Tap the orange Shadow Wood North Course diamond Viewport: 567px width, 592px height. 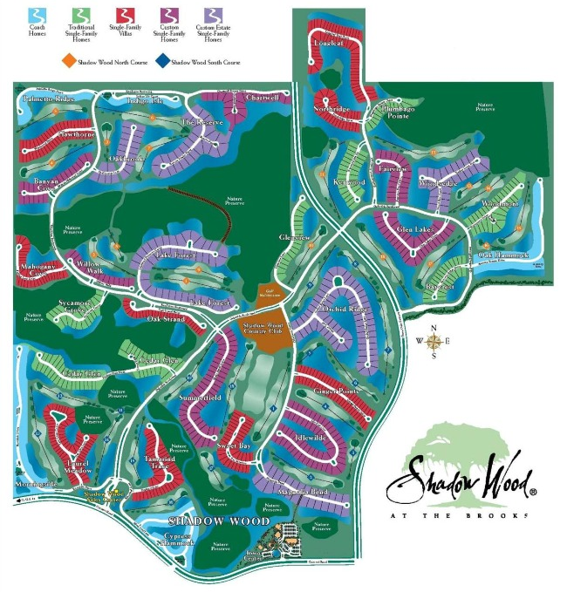[67, 62]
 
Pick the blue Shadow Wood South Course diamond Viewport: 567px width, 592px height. [164, 62]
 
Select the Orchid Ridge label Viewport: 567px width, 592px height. [346, 309]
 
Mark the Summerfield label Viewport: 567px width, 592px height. [201, 398]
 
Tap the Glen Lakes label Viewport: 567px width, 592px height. [414, 228]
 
